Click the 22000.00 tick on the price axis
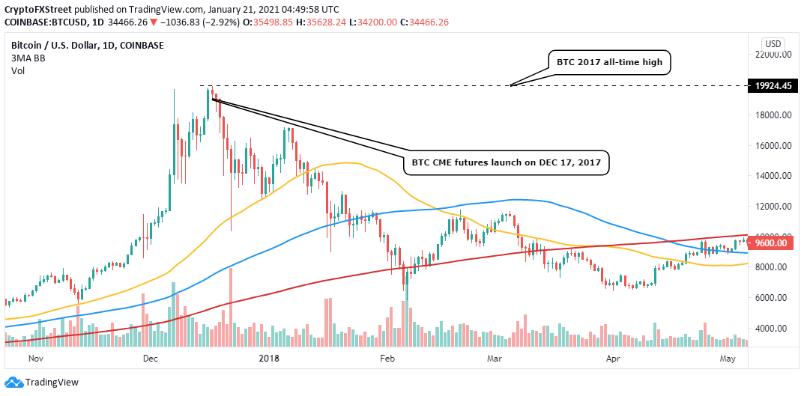point(774,55)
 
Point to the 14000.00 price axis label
point(774,176)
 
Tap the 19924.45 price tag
point(774,86)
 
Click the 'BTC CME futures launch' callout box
point(509,162)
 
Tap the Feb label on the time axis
point(387,359)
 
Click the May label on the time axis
point(727,359)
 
